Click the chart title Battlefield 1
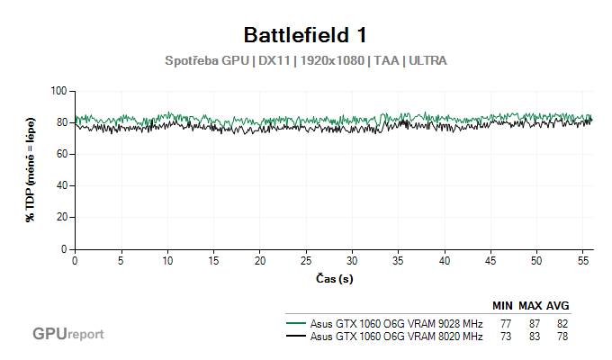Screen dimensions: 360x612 tap(306, 35)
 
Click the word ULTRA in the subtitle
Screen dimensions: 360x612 tap(427, 61)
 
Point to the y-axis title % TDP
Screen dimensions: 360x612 tap(31, 169)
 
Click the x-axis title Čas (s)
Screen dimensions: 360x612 tap(334, 279)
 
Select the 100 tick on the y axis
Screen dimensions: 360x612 tap(59, 91)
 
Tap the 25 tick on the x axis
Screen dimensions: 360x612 tap(305, 261)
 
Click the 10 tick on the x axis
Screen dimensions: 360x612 tap(166, 261)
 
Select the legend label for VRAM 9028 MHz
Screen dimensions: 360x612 tap(396, 324)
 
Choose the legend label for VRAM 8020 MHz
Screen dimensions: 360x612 tap(396, 337)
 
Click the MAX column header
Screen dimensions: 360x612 tap(530, 306)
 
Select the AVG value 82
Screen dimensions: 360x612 tap(562, 324)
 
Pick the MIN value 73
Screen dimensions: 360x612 tap(505, 337)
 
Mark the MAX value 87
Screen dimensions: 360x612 tap(533, 324)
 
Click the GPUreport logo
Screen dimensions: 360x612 tap(68, 334)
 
